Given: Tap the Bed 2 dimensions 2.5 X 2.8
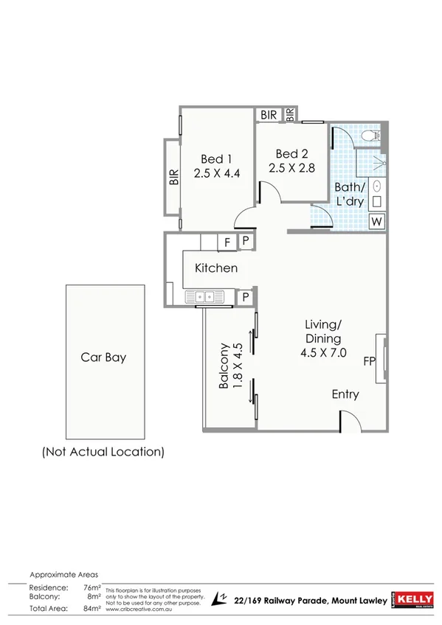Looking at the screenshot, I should click(291, 168).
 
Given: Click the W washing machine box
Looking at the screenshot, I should click(376, 221).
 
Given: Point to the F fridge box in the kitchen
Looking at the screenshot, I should click(227, 242).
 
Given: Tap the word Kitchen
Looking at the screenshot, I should click(216, 268).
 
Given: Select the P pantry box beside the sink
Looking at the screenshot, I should click(246, 296).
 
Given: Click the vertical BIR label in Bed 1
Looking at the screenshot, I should click(174, 178).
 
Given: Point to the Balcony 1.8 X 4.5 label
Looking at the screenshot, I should click(229, 366).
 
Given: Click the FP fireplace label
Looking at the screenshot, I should click(370, 361).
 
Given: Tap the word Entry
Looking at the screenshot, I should click(345, 394).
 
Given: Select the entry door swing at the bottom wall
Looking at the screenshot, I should click(348, 421).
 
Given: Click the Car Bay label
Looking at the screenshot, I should click(103, 357).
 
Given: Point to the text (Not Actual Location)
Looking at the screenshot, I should click(103, 451).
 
